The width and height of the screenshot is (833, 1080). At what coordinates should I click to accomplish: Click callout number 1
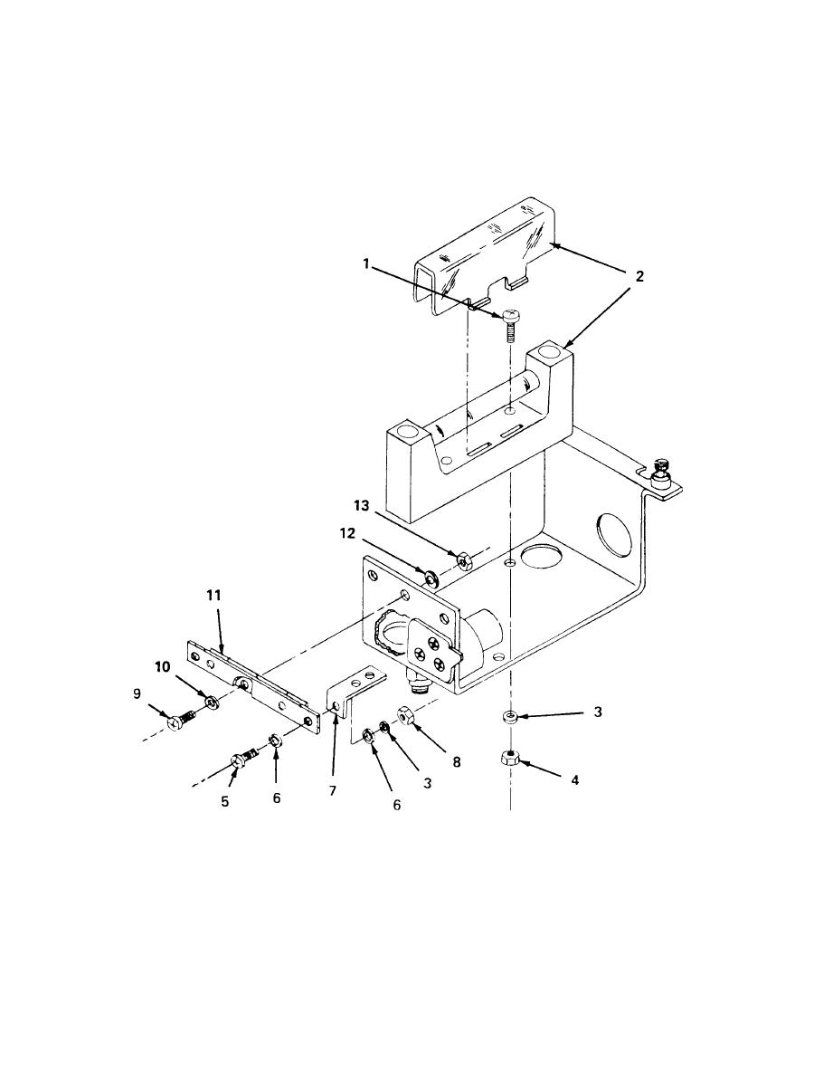point(366,263)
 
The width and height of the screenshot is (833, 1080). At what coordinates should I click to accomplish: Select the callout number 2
point(639,276)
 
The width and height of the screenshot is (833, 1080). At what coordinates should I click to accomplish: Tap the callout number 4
point(575,779)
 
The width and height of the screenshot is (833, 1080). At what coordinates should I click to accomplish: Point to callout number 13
point(362,506)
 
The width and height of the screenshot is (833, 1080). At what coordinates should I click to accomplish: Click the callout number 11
point(214,595)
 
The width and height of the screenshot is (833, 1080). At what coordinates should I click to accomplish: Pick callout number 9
point(137,694)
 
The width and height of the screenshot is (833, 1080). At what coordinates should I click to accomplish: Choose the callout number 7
point(332,790)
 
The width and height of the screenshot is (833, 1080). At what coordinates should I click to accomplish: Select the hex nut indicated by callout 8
point(405,716)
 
